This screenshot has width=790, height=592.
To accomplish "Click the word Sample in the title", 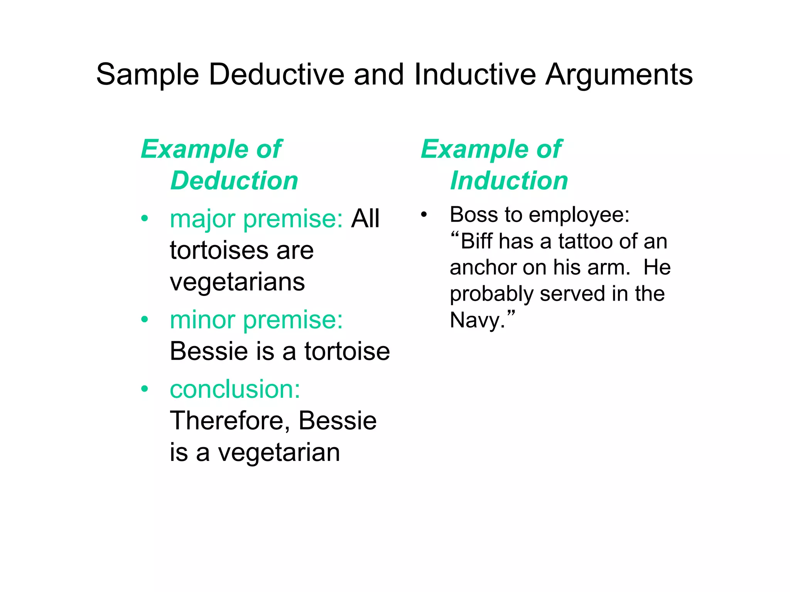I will coord(147,74).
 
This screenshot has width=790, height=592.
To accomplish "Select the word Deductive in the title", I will coord(276,74).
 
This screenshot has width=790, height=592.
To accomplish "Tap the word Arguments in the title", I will coord(619,74).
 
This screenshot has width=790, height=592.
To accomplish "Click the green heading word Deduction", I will coord(234,181).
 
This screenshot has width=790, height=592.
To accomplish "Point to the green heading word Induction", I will coord(509,181).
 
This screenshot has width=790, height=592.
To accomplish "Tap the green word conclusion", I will coord(235,389).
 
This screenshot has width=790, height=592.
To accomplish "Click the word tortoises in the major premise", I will coord(217,251).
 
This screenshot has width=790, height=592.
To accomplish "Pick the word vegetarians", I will coord(237,282).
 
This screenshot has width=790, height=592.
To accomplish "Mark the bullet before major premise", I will coord(145,219).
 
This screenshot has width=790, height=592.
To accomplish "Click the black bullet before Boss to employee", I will coord(424,214).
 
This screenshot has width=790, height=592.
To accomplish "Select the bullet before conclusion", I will coord(145,389).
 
